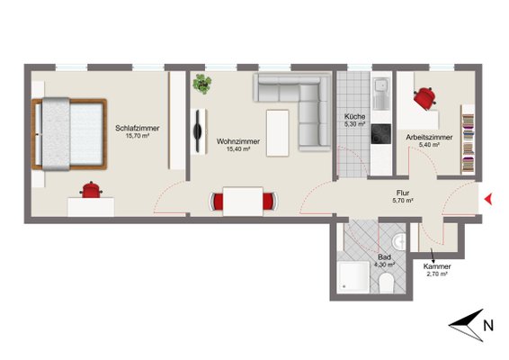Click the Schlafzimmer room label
[x=138, y=129]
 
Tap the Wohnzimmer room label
[x=238, y=141]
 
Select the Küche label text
[x=355, y=116]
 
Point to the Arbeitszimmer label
[x=429, y=138]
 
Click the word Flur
[x=403, y=193]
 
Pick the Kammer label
[x=437, y=266]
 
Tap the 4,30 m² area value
[x=384, y=265]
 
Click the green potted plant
[x=202, y=84]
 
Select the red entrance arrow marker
[x=488, y=199]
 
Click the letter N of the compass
[x=488, y=325]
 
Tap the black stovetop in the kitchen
[x=381, y=134]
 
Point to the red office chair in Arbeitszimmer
[x=425, y=98]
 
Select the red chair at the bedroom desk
[x=91, y=190]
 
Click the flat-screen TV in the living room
[x=198, y=131]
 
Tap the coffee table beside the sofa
[x=278, y=133]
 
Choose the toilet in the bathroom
[x=387, y=283]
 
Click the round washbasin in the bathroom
[x=398, y=241]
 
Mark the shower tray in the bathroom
[x=353, y=277]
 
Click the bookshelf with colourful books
[x=468, y=139]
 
